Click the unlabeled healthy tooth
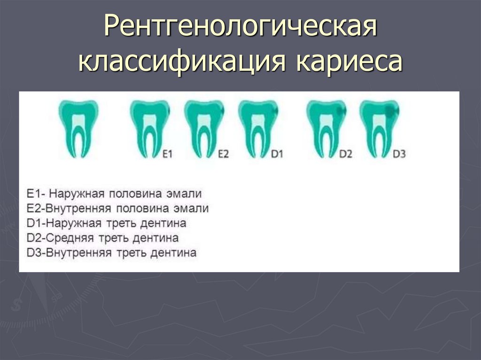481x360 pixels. pos(78,127)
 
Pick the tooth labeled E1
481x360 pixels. pos(149,127)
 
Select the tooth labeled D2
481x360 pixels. pos(326,127)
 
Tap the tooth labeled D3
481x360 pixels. pos(379,127)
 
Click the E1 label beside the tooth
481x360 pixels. pos(168,153)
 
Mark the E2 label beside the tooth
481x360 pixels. pos(223,153)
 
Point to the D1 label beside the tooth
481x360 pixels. pos(277,153)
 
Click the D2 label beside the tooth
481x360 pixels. pos(345,153)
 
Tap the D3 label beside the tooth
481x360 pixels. pos(399,153)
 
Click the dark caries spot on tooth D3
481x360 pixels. pos(390,112)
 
